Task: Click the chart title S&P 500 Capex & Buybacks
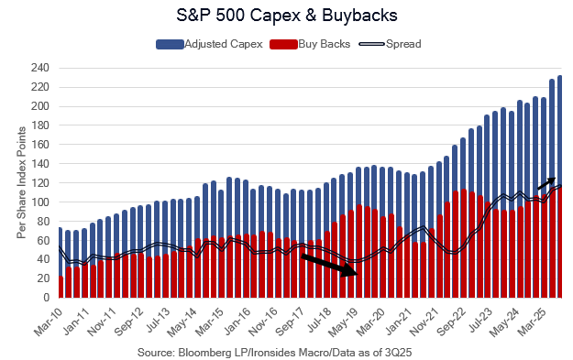coord(286,16)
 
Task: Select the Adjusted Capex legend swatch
coord(170,45)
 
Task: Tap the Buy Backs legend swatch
coord(283,45)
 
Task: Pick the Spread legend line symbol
coord(371,44)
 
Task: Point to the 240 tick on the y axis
coord(40,69)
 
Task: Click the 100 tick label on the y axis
coord(40,202)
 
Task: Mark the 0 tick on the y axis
coord(46,298)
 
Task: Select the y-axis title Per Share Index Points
coord(21,182)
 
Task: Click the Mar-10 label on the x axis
coord(48,322)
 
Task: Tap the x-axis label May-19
coord(343,322)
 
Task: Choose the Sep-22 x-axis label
coord(451,322)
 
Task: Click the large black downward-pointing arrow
coord(330,265)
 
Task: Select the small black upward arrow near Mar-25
coord(546,183)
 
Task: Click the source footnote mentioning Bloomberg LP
coord(274,353)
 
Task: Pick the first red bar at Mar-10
coord(61,287)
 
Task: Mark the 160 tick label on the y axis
coord(40,145)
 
